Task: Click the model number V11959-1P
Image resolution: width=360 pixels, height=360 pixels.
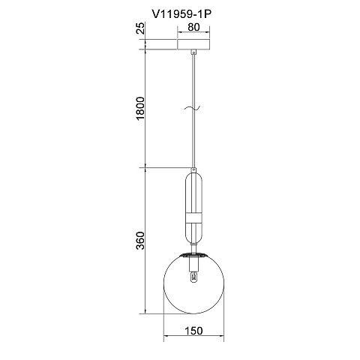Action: point(181,14)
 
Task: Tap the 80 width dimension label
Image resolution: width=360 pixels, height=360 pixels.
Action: point(193,27)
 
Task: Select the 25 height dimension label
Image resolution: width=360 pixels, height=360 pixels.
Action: point(141,28)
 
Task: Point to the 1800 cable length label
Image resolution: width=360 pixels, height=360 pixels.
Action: point(140,108)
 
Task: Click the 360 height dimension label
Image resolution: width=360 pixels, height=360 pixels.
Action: point(140,241)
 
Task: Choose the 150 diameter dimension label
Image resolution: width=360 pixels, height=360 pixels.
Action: point(193,331)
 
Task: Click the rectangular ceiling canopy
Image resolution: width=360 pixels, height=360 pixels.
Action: point(193,44)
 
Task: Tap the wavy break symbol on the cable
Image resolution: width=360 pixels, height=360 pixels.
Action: point(193,108)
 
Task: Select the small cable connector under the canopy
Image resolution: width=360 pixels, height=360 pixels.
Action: point(193,52)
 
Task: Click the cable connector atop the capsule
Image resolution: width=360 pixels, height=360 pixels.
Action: point(193,170)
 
